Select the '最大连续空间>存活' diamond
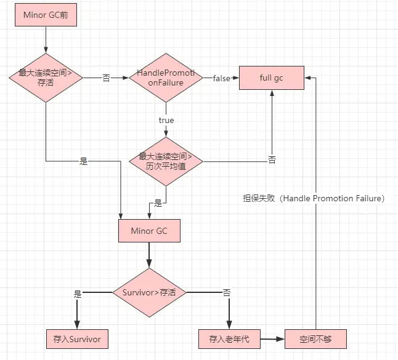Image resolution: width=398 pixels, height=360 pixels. tap(46, 78)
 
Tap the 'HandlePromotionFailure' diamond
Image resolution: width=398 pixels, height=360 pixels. tap(166, 78)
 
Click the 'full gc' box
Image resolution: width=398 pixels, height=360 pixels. tap(271, 78)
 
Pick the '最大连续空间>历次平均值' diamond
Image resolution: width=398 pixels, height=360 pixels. tap(166, 162)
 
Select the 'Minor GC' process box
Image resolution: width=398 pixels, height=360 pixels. tap(148, 231)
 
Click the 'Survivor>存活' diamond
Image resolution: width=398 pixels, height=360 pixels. tap(148, 292)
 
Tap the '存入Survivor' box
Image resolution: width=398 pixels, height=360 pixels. tap(77, 338)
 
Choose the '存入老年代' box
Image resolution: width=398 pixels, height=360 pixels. tap(229, 338)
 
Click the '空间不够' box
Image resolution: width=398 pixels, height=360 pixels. tap(315, 338)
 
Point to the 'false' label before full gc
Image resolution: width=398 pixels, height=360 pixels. tap(221, 78)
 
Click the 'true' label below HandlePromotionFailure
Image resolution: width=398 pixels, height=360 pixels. tap(166, 120)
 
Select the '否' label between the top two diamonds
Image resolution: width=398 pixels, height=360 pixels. tap(106, 78)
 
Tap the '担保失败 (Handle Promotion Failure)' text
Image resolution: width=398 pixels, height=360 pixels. tap(314, 198)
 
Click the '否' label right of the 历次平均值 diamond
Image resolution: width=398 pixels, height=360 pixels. tap(272, 160)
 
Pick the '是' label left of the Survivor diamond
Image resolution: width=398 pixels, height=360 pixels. tap(78, 294)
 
